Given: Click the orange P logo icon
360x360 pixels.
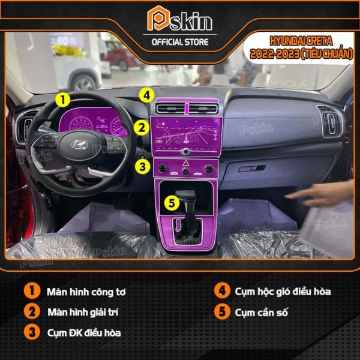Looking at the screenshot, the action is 158,19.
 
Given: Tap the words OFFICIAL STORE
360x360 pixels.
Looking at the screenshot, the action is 180,42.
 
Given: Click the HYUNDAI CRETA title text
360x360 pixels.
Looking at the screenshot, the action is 301,41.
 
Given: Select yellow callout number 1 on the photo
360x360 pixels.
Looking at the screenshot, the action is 62,100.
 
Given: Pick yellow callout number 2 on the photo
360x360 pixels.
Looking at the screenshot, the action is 142,127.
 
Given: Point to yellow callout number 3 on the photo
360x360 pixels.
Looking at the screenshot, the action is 142,166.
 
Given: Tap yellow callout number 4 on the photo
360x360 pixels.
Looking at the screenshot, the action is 146,95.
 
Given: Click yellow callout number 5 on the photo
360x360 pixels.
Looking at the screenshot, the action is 172,203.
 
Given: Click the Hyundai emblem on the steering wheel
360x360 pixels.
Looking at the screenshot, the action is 79,144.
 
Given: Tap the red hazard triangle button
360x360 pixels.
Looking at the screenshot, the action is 185,163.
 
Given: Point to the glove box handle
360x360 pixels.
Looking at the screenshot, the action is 252,168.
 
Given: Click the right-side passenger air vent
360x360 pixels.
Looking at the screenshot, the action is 330,121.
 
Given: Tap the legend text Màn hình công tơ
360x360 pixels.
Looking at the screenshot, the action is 86,292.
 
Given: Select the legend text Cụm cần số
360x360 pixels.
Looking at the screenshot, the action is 261,313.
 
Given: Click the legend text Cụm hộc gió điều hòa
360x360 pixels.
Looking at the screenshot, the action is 283,292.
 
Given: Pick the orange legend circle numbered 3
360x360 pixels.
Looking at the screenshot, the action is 32,332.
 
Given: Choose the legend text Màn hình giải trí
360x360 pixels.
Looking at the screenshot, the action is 83,313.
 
